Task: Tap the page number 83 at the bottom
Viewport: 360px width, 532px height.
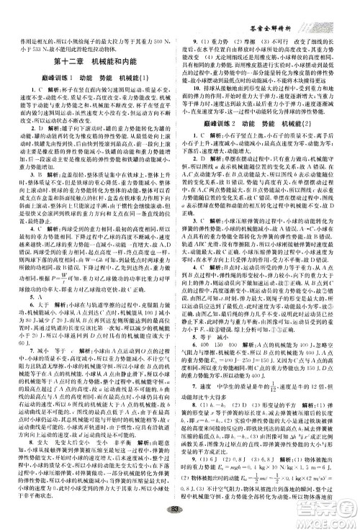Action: coord(180,521)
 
